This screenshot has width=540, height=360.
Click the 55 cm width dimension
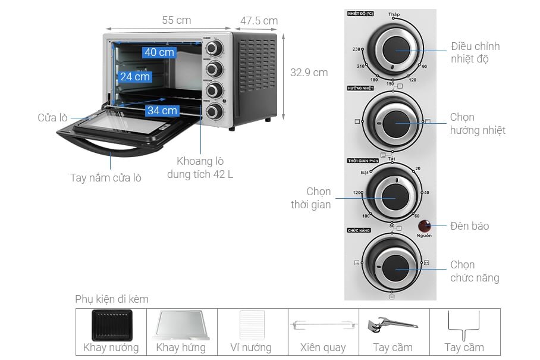(x=176, y=20)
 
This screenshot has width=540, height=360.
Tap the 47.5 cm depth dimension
(x=259, y=21)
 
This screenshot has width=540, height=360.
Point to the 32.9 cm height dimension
(x=309, y=73)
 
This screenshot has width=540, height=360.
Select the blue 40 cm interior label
(x=159, y=52)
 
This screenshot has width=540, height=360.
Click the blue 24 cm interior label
(x=135, y=77)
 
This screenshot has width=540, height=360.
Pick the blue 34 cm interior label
(x=162, y=111)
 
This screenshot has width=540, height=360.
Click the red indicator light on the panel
(x=425, y=226)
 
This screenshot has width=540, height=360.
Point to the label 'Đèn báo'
(x=469, y=226)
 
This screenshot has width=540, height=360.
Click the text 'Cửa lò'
(x=52, y=118)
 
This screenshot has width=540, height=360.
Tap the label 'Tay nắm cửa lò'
(x=105, y=177)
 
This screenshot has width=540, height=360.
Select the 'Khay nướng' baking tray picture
(x=111, y=325)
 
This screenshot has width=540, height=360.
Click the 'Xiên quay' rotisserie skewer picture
(x=323, y=325)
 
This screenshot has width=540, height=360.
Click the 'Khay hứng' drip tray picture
(x=181, y=325)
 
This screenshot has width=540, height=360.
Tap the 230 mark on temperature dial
(x=357, y=49)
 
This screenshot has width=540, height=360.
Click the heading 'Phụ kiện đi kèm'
(x=112, y=299)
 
